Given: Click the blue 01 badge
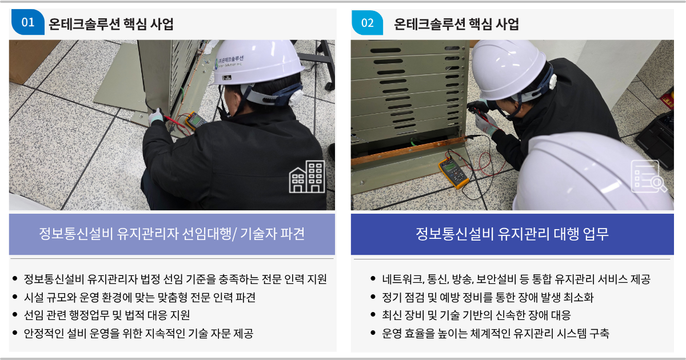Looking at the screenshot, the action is coord(28,22).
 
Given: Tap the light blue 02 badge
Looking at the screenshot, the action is coord(367,23).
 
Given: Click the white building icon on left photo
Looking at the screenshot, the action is coord(307,177).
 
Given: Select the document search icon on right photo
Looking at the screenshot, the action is coord(649,177).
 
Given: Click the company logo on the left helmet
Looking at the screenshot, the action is coord(230,61).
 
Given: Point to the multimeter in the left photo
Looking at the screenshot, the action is coord(195,121).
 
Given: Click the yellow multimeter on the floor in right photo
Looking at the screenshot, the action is coord(454,173).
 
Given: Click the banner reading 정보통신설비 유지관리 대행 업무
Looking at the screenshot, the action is coord(512,234).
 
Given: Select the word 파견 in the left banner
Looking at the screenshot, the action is coord(293,234).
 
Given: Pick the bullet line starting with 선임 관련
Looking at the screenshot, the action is coord(107,315).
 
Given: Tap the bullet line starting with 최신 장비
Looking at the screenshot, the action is coord(476,315).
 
